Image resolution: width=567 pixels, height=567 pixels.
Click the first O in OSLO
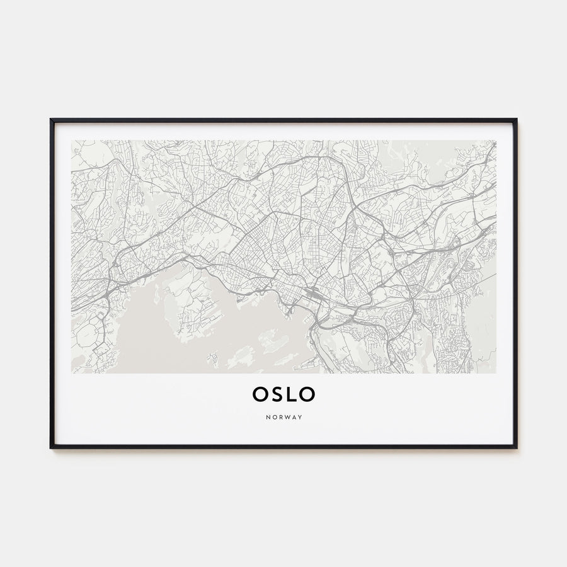pyautogui.click(x=260, y=394)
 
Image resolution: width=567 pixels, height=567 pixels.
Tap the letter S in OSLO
pyautogui.click(x=277, y=394)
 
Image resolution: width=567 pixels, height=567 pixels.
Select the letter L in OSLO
pyautogui.click(x=291, y=394)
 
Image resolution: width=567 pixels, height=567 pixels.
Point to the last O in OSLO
pyautogui.click(x=307, y=394)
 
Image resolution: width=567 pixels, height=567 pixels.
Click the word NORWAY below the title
pyautogui.click(x=283, y=416)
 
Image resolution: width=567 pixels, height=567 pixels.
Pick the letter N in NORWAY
pyautogui.click(x=267, y=416)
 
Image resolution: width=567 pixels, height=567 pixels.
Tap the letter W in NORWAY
pyautogui.click(x=287, y=416)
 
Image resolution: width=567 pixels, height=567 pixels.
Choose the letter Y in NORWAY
pyautogui.click(x=300, y=416)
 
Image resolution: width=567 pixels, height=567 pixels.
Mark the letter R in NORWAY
pyautogui.click(x=280, y=416)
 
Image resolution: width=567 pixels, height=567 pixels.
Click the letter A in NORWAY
pyautogui.click(x=294, y=416)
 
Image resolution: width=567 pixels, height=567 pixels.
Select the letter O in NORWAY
pyautogui.click(x=273, y=416)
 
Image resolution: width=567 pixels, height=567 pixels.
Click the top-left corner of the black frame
pyautogui.click(x=51, y=119)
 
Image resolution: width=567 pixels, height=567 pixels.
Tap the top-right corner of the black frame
pyautogui.click(x=516, y=119)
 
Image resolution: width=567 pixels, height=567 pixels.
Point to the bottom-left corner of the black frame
pyautogui.click(x=51, y=447)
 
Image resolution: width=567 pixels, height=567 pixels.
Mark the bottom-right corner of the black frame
pyautogui.click(x=516, y=447)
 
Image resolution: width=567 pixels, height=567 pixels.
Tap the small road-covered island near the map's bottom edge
pyautogui.click(x=213, y=360)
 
